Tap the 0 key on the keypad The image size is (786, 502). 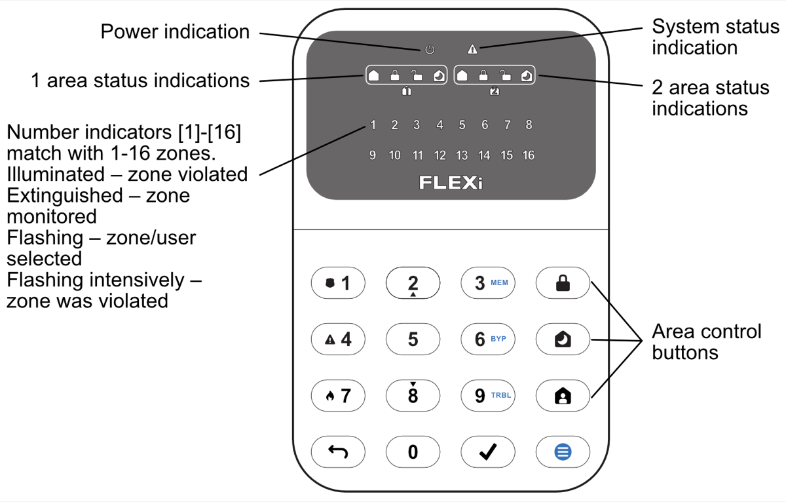[413, 452]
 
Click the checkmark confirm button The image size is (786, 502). [487, 452]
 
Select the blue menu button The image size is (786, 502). [563, 452]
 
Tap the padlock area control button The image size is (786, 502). [563, 283]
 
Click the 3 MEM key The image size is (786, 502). [487, 283]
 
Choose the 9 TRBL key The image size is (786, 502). [487, 395]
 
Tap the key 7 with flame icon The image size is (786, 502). [338, 395]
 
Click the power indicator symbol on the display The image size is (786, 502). [430, 50]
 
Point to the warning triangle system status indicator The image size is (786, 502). [473, 49]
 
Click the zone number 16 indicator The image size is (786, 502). [528, 155]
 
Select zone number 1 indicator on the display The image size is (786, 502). [373, 125]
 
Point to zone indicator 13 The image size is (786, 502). [462, 155]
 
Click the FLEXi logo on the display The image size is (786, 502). [451, 182]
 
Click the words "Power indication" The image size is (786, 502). [175, 31]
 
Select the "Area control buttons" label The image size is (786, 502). [706, 341]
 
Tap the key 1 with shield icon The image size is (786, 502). [338, 283]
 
